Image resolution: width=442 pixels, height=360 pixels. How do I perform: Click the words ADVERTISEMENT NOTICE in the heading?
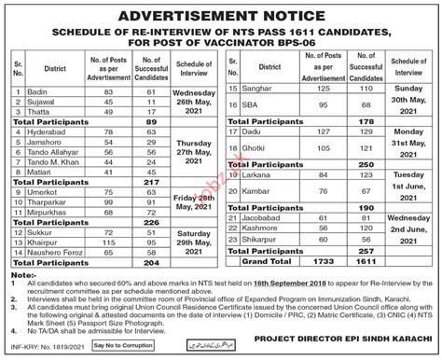(220, 16)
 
